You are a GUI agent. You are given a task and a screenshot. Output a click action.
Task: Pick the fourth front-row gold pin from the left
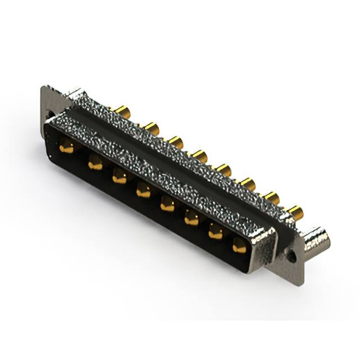click(143, 192)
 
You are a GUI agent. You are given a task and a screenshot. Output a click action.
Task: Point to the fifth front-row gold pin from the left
click(168, 205)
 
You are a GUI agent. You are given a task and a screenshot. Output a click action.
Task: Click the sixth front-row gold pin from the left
click(192, 219)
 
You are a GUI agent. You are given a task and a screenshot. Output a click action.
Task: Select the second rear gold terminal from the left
click(151, 128)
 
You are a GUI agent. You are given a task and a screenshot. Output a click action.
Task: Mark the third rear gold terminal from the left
click(175, 142)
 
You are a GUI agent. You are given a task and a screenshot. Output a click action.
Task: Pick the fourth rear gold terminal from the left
click(199, 155)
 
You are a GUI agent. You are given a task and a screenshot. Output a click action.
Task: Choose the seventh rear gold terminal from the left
click(272, 197)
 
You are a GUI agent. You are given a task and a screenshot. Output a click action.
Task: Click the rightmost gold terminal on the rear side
click(295, 212)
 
